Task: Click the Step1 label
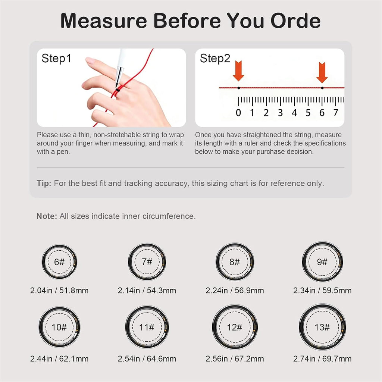tap(56, 59)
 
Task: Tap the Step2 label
tap(215, 59)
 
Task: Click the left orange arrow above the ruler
tap(238, 71)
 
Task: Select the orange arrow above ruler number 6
tap(322, 72)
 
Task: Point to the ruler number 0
tap(238, 113)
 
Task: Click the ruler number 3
tap(281, 113)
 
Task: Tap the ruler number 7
tap(336, 113)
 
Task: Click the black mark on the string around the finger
tap(118, 90)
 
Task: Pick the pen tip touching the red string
tap(117, 86)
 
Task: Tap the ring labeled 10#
tap(40, 327)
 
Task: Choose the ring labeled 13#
tap(300, 327)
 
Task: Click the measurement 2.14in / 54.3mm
tap(147, 290)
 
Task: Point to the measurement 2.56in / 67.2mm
tap(235, 358)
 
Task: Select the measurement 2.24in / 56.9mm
tap(235, 290)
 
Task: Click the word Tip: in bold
tap(44, 183)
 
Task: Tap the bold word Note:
tap(47, 216)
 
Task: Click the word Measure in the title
tap(104, 21)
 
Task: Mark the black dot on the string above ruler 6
tap(322, 88)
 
